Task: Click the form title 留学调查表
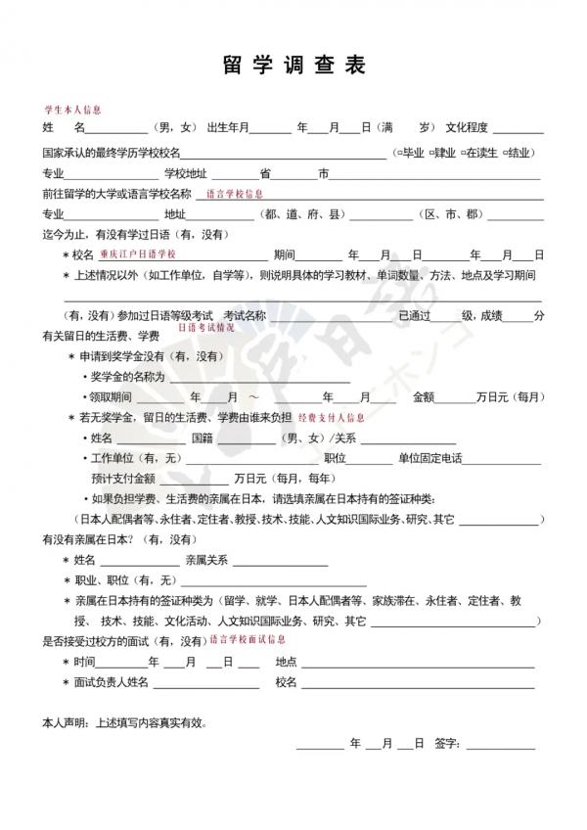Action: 293,66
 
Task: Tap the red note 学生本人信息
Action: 72,111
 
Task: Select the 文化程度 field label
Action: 470,127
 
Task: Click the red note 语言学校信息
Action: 235,195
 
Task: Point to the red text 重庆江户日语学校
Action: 137,254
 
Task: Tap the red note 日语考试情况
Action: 205,327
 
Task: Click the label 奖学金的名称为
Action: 129,377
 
